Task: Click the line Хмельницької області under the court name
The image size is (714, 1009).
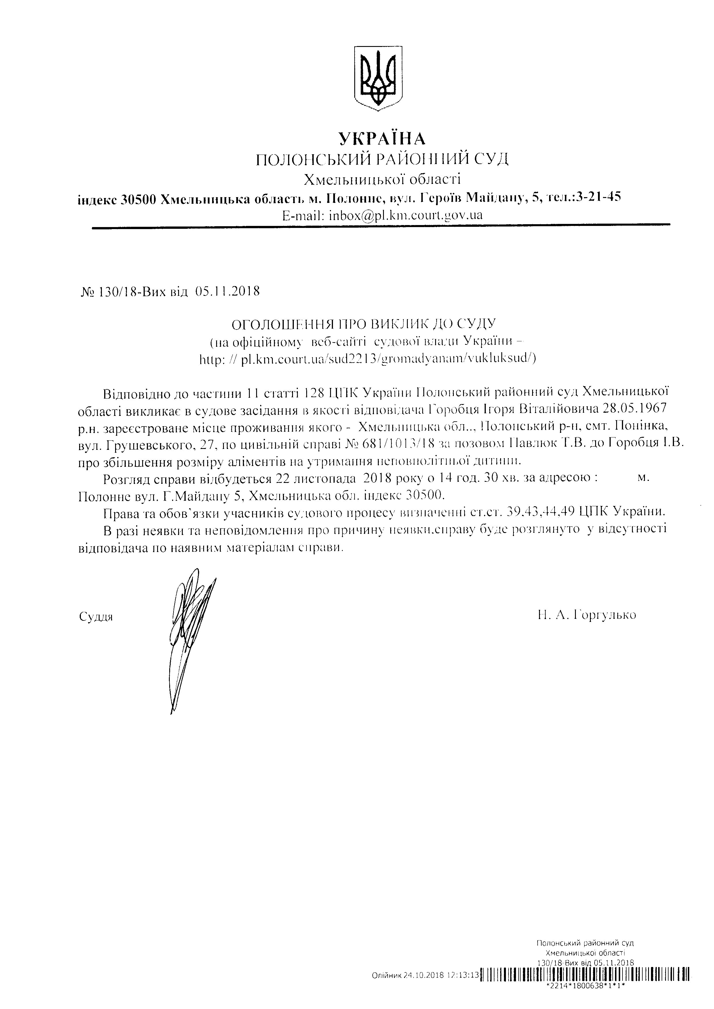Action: coord(382,179)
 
